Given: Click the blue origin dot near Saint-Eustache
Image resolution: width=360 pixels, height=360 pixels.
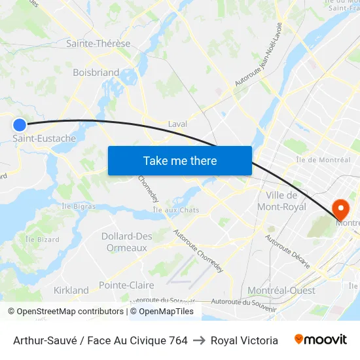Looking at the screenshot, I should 20,124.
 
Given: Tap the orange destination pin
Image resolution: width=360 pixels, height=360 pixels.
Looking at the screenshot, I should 341,209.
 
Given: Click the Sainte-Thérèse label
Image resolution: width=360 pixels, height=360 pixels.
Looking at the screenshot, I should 98,44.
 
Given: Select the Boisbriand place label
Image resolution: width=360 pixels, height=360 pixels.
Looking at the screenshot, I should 96,73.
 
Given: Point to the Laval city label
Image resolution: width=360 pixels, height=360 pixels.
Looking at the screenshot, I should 177,124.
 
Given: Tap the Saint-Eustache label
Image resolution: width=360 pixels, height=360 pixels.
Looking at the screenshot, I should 45,139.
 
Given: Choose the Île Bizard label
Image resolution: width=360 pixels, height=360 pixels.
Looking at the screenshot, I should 42,240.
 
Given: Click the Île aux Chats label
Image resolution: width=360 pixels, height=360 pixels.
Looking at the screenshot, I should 175,209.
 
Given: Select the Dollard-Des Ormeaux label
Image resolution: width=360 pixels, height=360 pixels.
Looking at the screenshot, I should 126,242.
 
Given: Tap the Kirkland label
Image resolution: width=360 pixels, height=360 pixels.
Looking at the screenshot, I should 71,290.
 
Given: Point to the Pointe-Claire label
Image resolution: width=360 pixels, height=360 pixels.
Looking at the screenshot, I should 126,285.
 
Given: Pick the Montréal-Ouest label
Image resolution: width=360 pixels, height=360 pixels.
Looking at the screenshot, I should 281,290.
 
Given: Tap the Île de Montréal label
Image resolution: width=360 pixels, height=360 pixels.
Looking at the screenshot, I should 323,160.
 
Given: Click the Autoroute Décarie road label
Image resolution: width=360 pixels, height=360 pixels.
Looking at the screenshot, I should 287,251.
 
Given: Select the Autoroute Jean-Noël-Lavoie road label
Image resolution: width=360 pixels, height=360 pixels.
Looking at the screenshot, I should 259,63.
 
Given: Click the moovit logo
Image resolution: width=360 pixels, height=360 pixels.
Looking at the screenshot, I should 321,340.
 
